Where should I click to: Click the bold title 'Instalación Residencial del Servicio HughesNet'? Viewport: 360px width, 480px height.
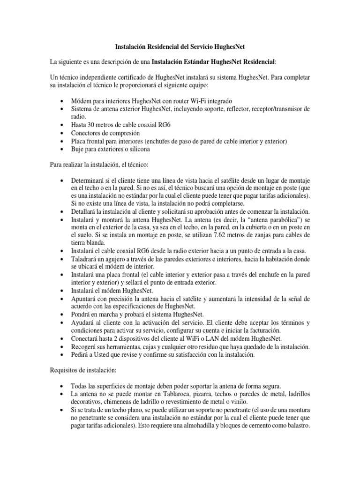coord(180,47)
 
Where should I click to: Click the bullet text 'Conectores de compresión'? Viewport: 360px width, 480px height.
coord(105,133)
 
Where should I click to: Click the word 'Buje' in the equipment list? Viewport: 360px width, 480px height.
coord(78,149)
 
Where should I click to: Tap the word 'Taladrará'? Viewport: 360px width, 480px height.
coord(85,258)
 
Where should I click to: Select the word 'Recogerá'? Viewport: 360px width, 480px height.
coord(85,346)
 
